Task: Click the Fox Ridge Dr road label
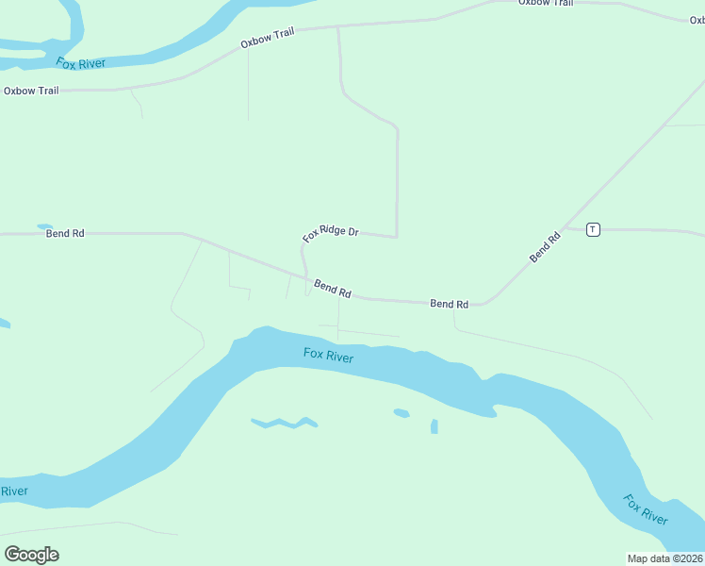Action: pos(330,232)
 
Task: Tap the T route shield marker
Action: pos(593,229)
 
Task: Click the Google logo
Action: pos(31,555)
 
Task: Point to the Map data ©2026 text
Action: pos(664,558)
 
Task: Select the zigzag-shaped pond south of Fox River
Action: pos(284,422)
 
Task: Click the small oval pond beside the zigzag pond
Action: pos(402,413)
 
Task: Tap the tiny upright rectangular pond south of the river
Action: pos(434,426)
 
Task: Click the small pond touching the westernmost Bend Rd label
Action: pos(44,226)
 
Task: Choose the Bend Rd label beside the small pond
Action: pos(65,233)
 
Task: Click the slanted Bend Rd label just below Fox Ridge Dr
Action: pos(333,289)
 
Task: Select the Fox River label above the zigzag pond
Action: pos(328,356)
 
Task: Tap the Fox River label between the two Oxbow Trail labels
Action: pos(80,63)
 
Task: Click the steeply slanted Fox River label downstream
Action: pos(646,509)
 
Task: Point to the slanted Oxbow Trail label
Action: pos(267,38)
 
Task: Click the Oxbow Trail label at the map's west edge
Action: pos(31,91)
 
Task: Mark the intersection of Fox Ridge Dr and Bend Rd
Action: pos(306,276)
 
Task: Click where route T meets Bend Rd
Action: pos(564,227)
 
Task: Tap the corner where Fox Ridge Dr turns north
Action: pos(397,236)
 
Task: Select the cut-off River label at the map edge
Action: pos(13,491)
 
